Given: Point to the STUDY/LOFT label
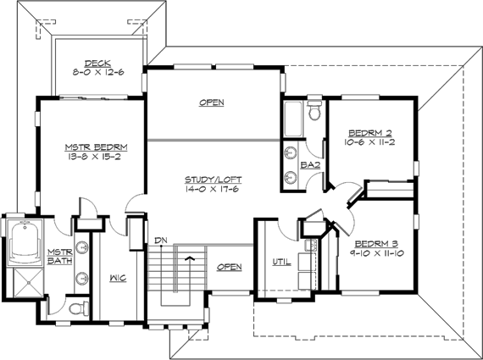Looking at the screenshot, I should pyautogui.click(x=211, y=180).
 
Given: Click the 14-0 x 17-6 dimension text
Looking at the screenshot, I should pyautogui.click(x=211, y=190).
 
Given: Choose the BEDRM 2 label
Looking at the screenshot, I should pyautogui.click(x=370, y=133).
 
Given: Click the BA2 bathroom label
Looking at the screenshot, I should pyautogui.click(x=311, y=164).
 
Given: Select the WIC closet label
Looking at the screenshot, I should pyautogui.click(x=118, y=277).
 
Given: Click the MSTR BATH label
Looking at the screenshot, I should pyautogui.click(x=59, y=257).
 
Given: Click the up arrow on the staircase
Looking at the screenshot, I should pyautogui.click(x=190, y=256).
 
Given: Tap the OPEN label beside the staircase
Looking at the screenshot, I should pyautogui.click(x=229, y=268).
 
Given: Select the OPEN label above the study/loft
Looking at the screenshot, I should pyautogui.click(x=211, y=103).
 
